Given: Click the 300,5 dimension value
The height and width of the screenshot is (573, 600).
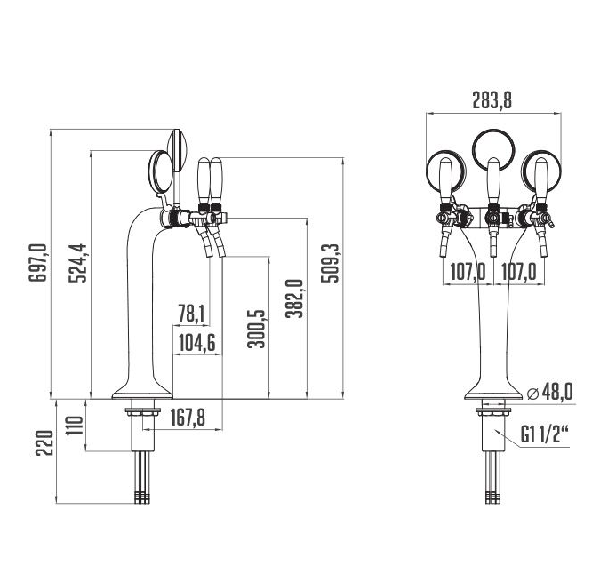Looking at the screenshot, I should tap(256, 328).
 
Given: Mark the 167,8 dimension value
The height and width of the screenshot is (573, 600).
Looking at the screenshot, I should tap(188, 417).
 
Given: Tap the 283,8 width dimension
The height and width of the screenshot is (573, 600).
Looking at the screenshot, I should tap(492, 100).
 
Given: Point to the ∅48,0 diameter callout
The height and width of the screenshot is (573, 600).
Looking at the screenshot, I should tap(550, 392).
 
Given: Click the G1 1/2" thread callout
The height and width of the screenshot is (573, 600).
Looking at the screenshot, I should tap(544, 434).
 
